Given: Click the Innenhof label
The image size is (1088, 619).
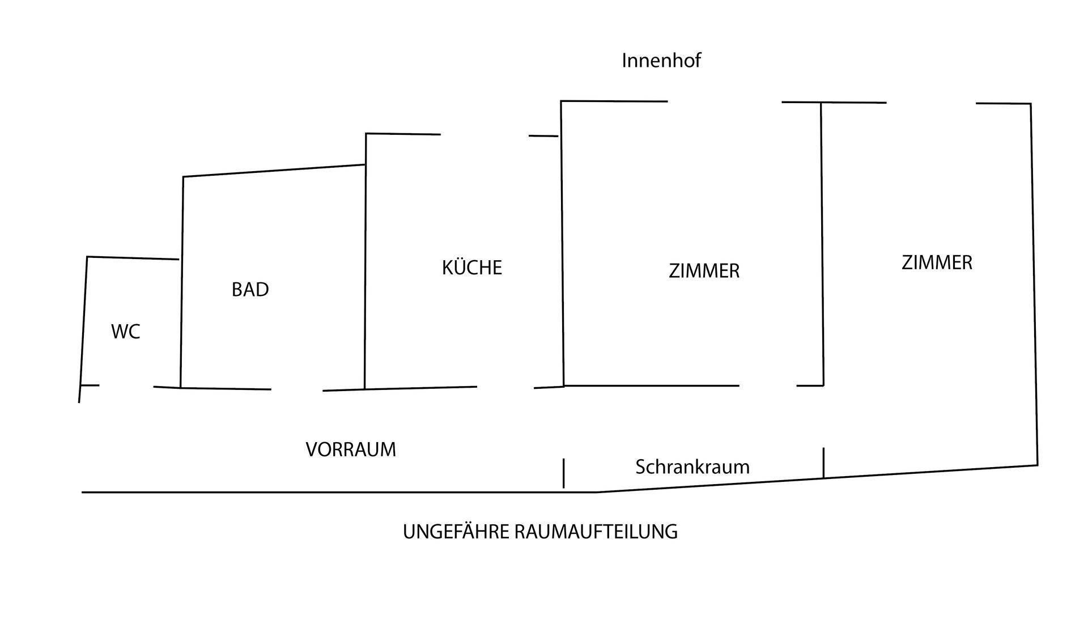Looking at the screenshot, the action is click(x=661, y=60).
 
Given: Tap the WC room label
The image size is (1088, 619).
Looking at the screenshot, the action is click(x=125, y=332).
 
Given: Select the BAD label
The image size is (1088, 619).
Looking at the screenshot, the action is click(x=250, y=290).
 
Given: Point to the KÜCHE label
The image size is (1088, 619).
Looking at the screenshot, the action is click(x=472, y=267).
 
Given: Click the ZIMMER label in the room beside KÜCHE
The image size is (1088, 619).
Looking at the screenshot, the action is click(x=704, y=271).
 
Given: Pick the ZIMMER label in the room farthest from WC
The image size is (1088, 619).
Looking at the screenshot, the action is click(x=937, y=262).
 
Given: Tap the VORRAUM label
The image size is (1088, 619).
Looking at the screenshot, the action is click(x=351, y=450).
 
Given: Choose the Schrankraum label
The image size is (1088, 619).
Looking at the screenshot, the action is click(x=692, y=467).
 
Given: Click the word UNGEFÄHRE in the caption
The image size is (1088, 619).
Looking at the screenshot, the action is click(x=456, y=532).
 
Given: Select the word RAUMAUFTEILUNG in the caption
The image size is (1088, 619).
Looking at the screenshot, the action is click(x=596, y=532).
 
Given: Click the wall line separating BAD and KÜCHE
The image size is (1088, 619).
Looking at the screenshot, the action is click(x=365, y=261).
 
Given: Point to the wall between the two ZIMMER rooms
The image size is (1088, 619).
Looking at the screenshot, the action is click(x=822, y=244).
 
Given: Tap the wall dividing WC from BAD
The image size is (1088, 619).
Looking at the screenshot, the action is click(x=182, y=282).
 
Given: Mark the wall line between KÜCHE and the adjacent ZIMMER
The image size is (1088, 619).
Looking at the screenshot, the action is click(x=562, y=244).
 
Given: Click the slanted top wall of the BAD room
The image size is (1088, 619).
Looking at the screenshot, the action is click(x=274, y=171).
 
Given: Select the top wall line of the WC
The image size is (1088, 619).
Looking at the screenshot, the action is click(x=133, y=258).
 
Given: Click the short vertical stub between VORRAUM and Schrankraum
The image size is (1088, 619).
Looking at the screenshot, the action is click(x=563, y=473).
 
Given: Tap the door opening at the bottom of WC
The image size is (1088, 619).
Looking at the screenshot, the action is click(x=126, y=386).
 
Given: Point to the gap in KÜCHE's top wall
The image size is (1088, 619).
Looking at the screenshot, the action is click(x=484, y=135).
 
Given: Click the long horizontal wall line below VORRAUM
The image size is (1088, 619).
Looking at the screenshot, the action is click(x=339, y=493).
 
